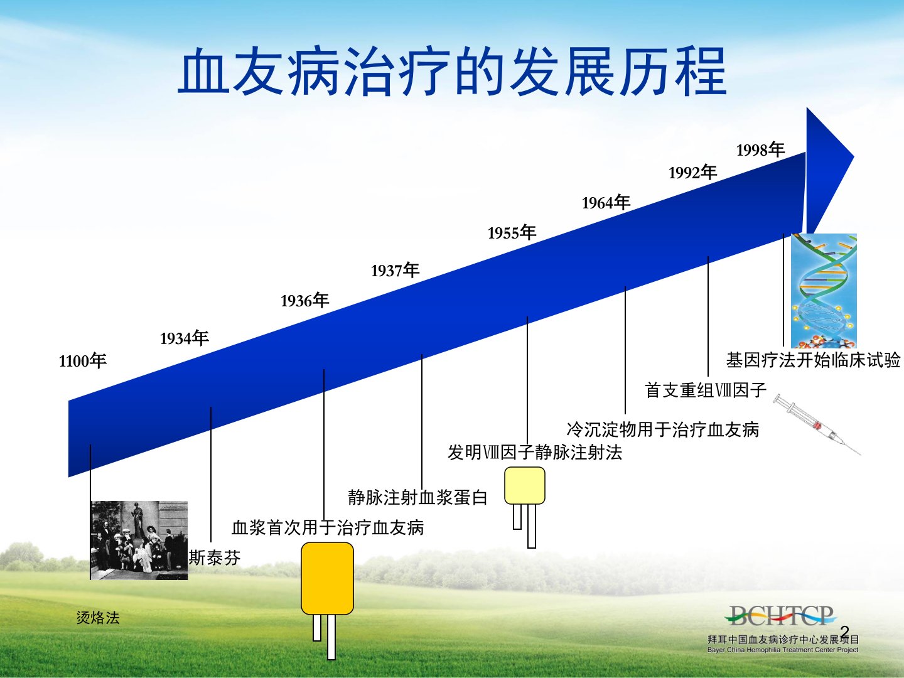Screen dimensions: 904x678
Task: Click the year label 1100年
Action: coord(83,361)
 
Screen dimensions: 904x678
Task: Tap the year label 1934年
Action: coord(185,338)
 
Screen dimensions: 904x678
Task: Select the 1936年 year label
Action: coord(304,301)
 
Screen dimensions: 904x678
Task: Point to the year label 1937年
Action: coord(395,270)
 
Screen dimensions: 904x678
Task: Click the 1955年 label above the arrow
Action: coord(512,232)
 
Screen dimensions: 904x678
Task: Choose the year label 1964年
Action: coord(606,203)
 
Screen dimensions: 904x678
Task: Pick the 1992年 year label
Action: coord(692,172)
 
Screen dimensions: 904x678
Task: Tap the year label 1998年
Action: coord(761,149)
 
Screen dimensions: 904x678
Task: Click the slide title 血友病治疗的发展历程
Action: coord(452,71)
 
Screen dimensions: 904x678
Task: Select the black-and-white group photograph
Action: coord(139,540)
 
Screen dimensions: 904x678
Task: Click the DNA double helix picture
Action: coord(824,291)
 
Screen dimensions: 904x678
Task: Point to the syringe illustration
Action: coord(816,424)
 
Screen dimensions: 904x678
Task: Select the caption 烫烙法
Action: coord(98,618)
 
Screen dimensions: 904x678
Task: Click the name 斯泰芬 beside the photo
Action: coord(215,558)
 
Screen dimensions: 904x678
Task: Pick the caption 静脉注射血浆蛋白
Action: coord(417,497)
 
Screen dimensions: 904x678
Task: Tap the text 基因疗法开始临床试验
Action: coord(813,360)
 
